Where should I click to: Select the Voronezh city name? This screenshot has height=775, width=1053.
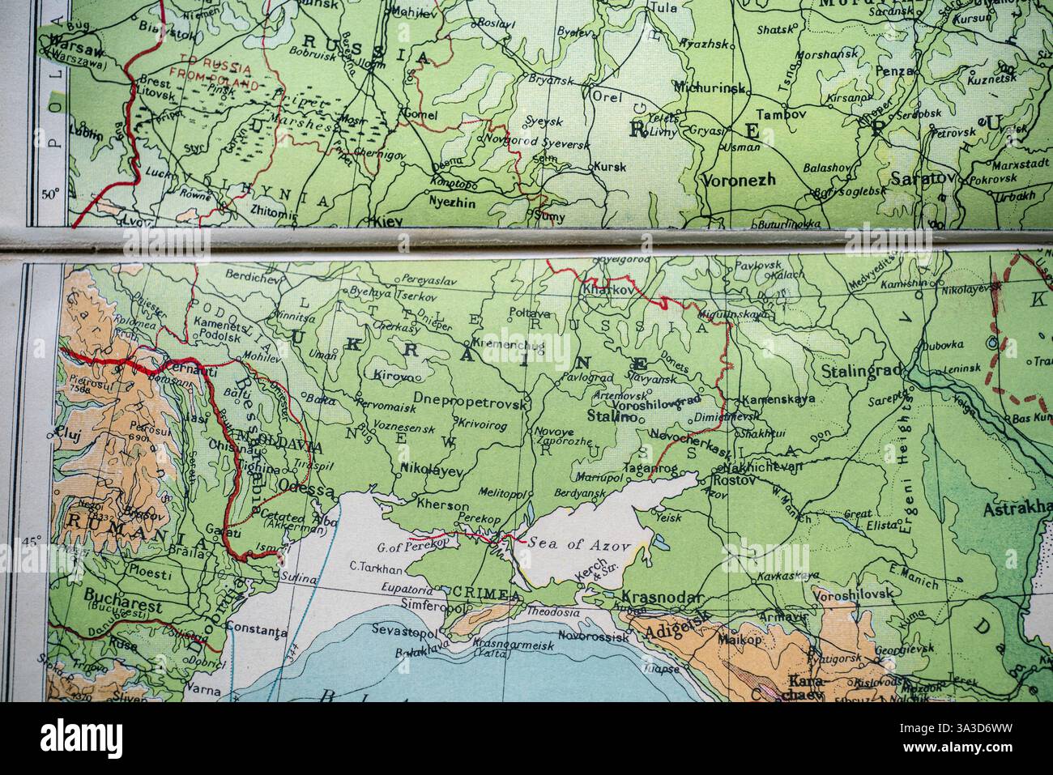(740, 180)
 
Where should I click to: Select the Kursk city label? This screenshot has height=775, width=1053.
(610, 168)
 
